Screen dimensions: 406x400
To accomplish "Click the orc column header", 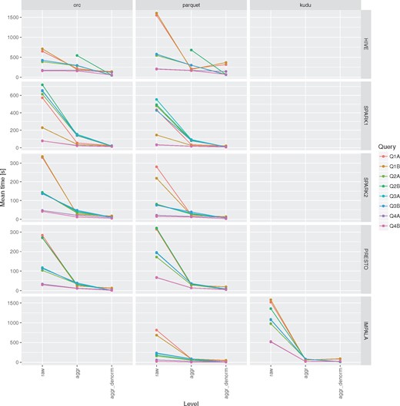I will [77, 5].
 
